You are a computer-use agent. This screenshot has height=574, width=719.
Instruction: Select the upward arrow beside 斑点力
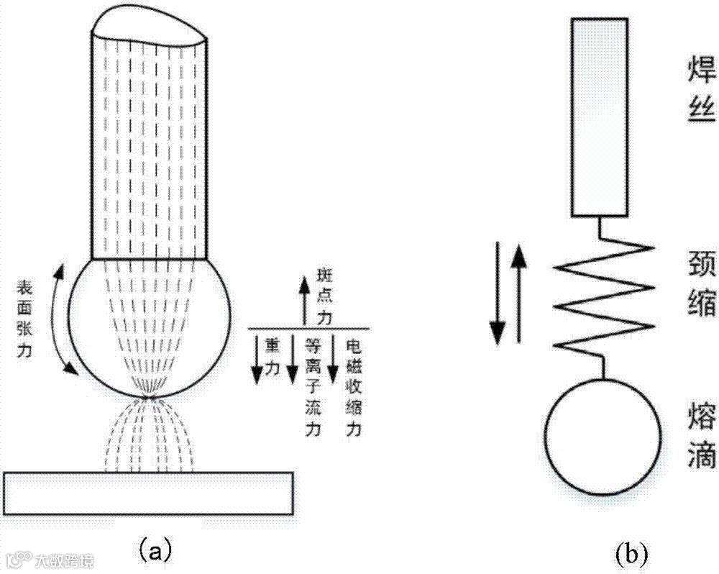pyautogui.click(x=304, y=300)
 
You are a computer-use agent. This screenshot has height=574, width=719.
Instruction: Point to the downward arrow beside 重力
pyautogui.click(x=255, y=357)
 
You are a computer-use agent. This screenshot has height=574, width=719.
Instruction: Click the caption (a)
pyautogui.click(x=154, y=550)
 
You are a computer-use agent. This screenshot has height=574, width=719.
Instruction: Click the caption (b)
pyautogui.click(x=631, y=553)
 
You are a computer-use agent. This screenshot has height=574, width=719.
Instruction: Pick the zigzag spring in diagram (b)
pyautogui.click(x=604, y=296)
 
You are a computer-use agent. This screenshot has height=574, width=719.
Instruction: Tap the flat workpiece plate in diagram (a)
pyautogui.click(x=148, y=492)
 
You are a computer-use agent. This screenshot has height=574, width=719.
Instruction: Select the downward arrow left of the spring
pyautogui.click(x=496, y=292)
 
